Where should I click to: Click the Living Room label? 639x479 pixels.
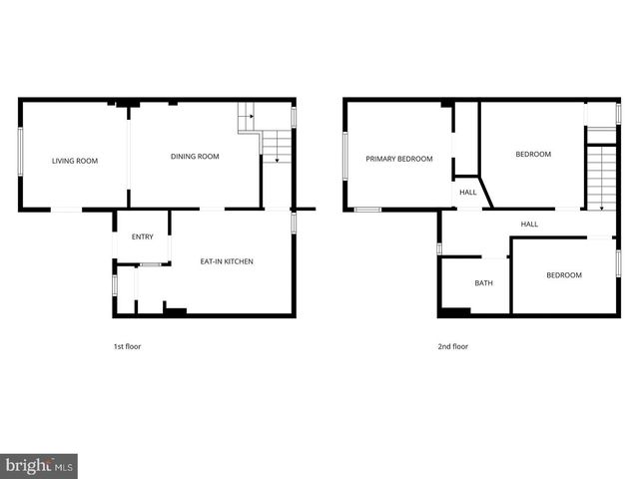(x=75, y=160)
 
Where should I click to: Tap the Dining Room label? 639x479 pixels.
(x=195, y=156)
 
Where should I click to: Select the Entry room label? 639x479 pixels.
(x=143, y=237)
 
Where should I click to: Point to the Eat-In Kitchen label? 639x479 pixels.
(x=227, y=261)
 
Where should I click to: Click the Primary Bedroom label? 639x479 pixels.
(x=399, y=159)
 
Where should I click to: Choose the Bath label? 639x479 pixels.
(x=483, y=283)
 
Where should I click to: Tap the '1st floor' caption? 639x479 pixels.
(x=126, y=346)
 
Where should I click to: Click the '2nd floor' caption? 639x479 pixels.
(x=453, y=346)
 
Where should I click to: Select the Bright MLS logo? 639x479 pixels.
(x=39, y=465)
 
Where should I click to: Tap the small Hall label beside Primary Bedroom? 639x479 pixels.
(x=467, y=192)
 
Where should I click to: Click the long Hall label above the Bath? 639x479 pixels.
(x=529, y=224)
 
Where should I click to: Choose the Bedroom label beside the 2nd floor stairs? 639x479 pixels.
(x=533, y=154)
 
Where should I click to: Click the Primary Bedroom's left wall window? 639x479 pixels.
(x=345, y=156)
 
